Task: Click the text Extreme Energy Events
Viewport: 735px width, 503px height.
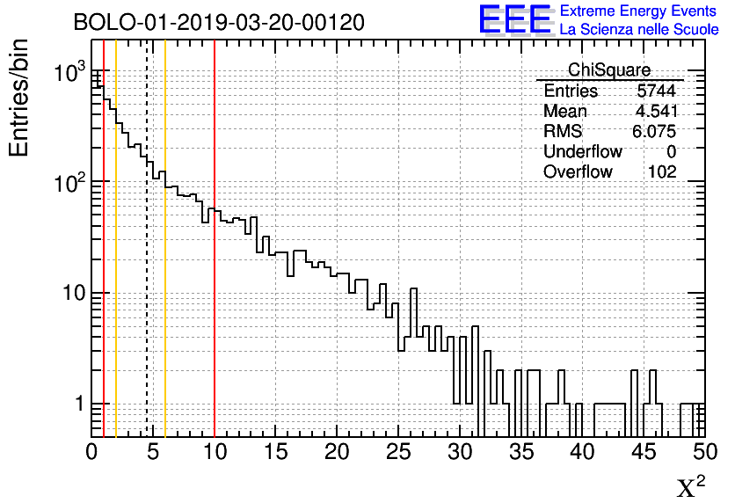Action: point(638,11)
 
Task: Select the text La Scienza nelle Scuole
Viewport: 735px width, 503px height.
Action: point(638,30)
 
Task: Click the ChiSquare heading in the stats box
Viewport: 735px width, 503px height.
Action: point(609,70)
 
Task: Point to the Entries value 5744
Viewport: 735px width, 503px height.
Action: point(657,91)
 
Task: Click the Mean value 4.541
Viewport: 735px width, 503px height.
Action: point(655,112)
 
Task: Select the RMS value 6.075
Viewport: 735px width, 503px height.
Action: point(655,132)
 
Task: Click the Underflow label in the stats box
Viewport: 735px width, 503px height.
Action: point(583,152)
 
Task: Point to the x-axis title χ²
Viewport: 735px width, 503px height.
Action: point(690,486)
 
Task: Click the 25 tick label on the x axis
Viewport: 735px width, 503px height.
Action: point(397,453)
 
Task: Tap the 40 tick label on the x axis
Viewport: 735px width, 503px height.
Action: point(581,453)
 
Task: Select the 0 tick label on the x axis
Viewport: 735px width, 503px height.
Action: point(91,453)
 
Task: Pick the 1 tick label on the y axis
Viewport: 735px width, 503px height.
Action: point(77,405)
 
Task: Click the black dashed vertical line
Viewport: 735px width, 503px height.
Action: point(146,264)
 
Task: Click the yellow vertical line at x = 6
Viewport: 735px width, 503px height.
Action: point(165,290)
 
